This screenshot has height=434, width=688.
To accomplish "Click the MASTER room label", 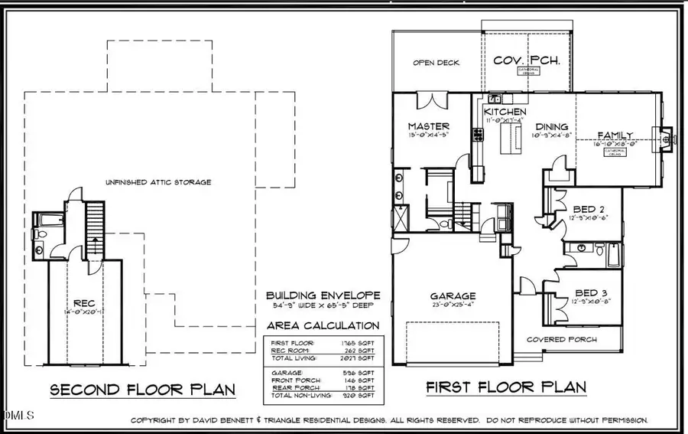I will pos(428,126).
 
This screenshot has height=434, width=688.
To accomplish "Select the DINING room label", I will pos(551,127).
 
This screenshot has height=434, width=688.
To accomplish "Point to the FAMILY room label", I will pos(615,135).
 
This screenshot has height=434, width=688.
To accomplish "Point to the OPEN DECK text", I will pos(436,63).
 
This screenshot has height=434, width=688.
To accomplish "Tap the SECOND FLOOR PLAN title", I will pos(142,390).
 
